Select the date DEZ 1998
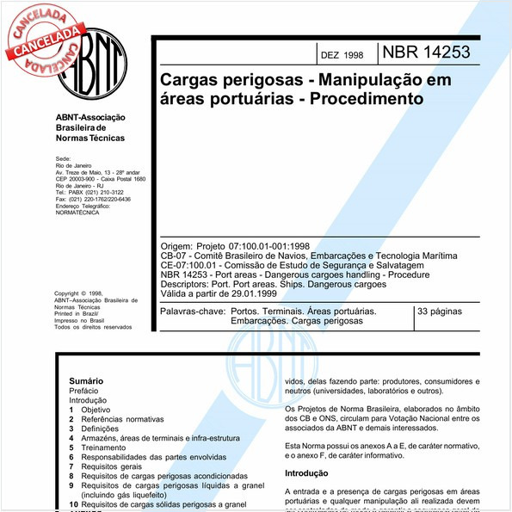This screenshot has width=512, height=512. [342, 55]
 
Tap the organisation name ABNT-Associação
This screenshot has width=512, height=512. [90, 117]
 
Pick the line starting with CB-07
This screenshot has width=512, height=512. [310, 256]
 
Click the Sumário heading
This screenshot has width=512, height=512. [86, 380]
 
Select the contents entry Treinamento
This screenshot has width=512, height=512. [106, 447]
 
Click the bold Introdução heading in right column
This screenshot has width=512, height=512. [307, 472]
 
